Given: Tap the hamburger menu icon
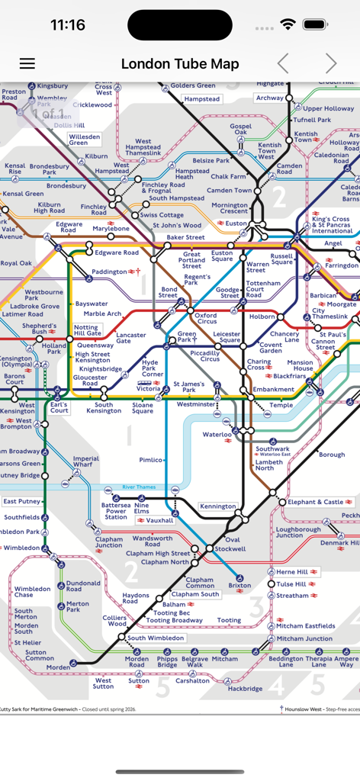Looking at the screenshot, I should (x=27, y=64).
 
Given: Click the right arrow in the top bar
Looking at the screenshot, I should (x=331, y=64).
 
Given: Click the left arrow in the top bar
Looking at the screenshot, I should (x=283, y=64).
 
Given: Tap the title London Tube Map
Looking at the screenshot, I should (x=180, y=64).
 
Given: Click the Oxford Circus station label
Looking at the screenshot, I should (x=205, y=319).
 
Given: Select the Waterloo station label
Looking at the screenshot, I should (x=217, y=434).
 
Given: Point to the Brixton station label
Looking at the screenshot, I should (x=239, y=586).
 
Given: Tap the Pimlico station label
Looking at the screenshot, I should (x=151, y=460).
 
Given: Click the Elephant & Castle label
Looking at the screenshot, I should (x=316, y=502).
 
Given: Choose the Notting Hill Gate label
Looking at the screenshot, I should (x=87, y=330).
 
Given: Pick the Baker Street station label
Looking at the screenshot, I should (x=186, y=238).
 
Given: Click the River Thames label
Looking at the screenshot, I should (x=139, y=487).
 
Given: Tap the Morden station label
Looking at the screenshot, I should (x=58, y=667).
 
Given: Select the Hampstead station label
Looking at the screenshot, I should (x=201, y=99).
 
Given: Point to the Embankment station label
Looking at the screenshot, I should (x=273, y=390).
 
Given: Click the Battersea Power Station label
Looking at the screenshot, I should (x=116, y=511).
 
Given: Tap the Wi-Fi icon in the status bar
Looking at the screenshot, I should (x=288, y=24).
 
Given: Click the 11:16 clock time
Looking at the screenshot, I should (x=68, y=25).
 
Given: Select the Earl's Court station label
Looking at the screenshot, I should (x=59, y=407).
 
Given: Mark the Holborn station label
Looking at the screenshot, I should (x=262, y=316).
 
